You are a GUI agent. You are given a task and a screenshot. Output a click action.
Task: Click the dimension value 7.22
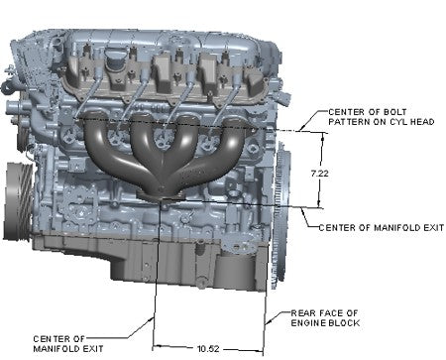319,174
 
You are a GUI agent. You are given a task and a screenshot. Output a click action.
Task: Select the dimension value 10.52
208,348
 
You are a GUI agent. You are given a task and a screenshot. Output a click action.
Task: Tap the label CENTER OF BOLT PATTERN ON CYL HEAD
381,117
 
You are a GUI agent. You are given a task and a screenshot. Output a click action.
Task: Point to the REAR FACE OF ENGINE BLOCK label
325,318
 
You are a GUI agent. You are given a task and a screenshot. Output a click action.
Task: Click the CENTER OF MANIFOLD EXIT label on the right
382,228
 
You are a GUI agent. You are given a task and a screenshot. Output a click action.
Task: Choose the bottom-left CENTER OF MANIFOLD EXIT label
68,344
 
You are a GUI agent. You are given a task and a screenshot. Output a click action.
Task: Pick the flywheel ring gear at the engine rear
281,215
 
